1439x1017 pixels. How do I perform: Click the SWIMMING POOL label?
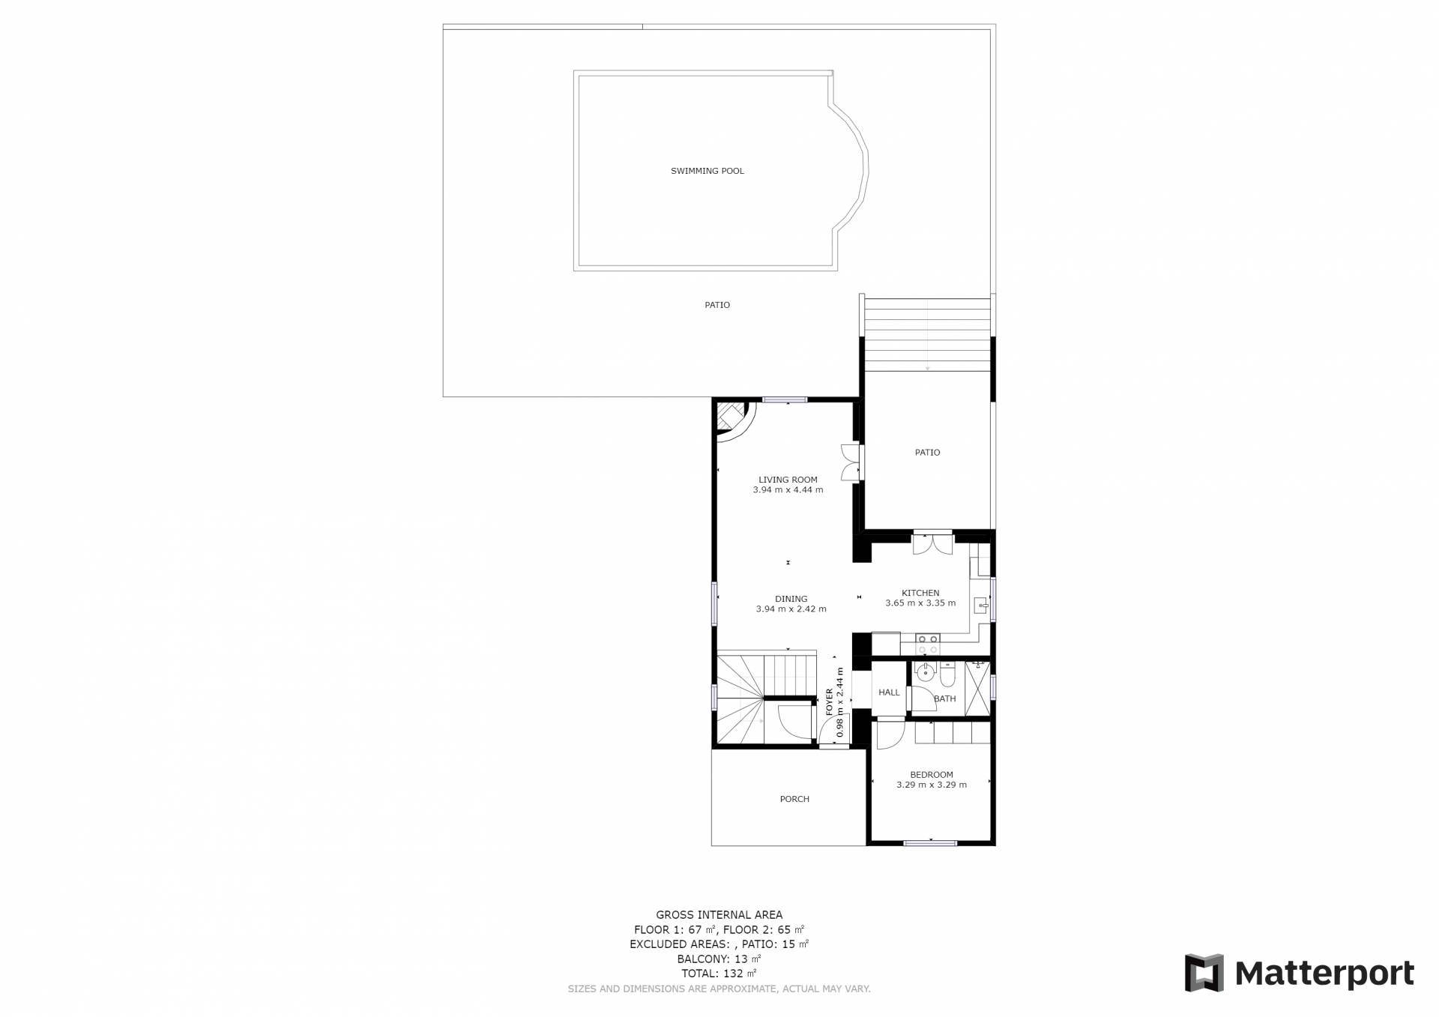point(707,171)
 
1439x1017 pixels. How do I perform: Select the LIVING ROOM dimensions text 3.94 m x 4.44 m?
point(788,490)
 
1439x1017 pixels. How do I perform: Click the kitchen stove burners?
point(928,644)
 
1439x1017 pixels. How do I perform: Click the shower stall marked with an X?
point(977,688)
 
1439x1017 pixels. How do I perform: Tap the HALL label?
point(889,692)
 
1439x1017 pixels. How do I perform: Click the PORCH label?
point(794,799)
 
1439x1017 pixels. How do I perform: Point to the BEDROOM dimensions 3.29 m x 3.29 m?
point(932,785)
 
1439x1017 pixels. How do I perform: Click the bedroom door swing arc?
point(892,734)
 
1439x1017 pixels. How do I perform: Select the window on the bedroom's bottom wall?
point(930,843)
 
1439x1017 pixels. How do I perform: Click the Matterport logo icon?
point(1204,973)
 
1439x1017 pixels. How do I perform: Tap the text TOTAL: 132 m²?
point(719,974)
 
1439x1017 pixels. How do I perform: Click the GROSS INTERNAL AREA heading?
point(719,914)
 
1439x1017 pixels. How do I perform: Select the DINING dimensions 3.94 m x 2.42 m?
point(791,609)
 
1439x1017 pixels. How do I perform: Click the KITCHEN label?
point(920,593)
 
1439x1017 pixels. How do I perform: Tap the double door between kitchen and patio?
point(932,543)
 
